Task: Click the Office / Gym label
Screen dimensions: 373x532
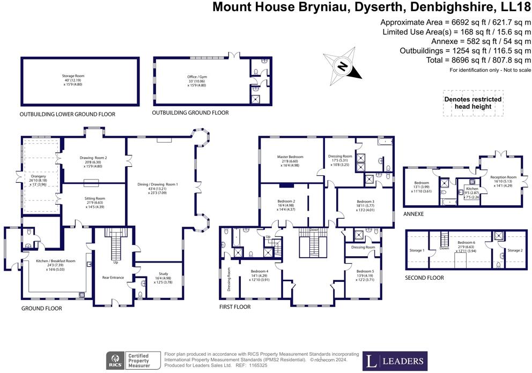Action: pyautogui.click(x=197, y=77)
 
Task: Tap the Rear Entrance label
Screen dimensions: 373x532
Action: pyautogui.click(x=113, y=278)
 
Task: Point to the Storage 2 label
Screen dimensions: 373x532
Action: pyautogui.click(x=514, y=250)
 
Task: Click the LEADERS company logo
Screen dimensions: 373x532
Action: pyautogui.click(x=395, y=361)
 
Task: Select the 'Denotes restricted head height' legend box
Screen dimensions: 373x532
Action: pyautogui.click(x=472, y=103)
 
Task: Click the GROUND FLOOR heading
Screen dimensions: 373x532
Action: pyautogui.click(x=42, y=309)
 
